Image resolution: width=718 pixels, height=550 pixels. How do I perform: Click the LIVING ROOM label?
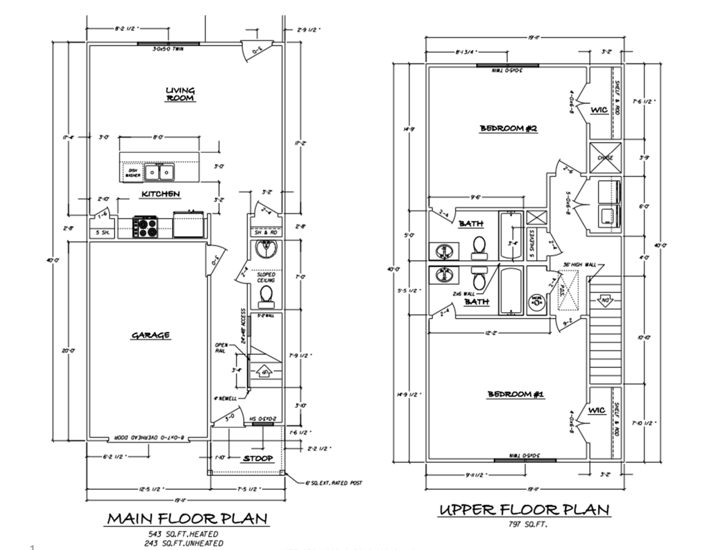tap(180, 94)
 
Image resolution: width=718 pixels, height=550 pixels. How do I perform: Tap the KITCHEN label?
tap(161, 194)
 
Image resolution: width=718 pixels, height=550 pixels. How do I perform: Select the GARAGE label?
tap(150, 335)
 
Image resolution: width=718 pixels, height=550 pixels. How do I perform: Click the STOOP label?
tap(258, 459)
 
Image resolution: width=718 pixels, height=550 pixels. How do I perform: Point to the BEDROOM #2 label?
tap(508, 128)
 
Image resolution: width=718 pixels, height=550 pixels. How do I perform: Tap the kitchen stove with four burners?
tap(146, 227)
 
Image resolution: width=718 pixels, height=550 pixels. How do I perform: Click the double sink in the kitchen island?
tap(160, 172)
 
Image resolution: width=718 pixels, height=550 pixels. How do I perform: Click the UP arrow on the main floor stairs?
tap(264, 371)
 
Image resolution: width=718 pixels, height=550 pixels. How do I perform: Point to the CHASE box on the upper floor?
tap(605, 158)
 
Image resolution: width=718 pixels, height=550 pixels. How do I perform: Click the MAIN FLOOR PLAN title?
tap(187, 519)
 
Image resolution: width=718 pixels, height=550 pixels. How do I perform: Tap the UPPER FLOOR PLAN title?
tap(524, 510)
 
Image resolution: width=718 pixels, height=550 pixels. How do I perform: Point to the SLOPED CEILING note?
tap(266, 277)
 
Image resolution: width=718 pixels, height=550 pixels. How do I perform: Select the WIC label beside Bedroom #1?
tap(596, 410)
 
